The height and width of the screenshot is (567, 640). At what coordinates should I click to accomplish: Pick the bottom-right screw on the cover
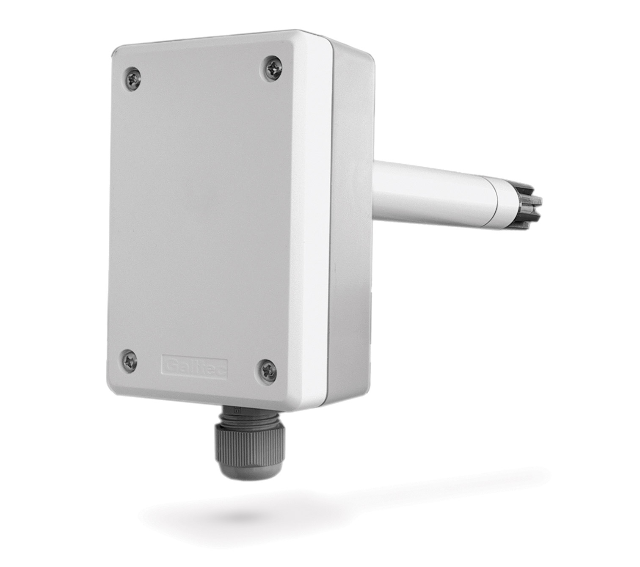(x=267, y=370)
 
